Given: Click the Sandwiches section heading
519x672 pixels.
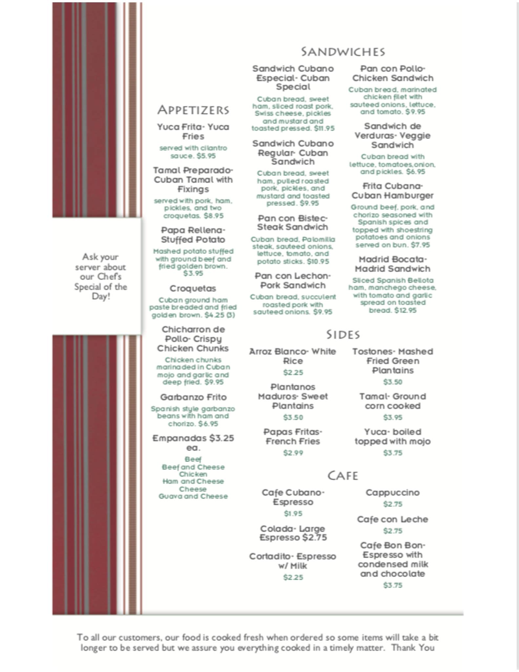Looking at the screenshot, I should coord(343,52).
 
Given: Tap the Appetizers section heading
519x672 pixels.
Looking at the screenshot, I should coord(193,110).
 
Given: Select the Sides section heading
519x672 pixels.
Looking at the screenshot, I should coord(343,335).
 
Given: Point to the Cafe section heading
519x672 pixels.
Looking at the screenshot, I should coord(343,476).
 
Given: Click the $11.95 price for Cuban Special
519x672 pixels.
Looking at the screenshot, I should coord(324,129).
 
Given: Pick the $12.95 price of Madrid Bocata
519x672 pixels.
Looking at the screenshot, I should coord(405,310).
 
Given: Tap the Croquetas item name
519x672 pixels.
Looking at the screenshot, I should coord(193,288).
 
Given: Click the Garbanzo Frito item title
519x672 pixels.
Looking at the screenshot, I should coord(193,397).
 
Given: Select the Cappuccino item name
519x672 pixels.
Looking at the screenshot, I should coord(393,493).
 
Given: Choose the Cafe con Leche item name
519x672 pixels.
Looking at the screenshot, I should coord(393,519).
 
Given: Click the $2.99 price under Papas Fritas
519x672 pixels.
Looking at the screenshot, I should coord(293,453).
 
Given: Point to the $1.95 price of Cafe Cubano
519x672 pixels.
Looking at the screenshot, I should coord(293,514).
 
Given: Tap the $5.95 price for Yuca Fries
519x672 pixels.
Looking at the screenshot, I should coord(206,156).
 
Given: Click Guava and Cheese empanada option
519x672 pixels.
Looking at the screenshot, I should coord(193,496).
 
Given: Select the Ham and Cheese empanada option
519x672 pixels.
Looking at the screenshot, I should coord(193,481).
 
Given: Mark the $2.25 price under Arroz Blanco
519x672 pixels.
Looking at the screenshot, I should coord(293,372).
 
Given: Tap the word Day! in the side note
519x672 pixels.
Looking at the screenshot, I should coord(101,297).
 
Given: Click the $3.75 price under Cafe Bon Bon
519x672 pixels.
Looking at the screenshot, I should coord(393,585).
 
